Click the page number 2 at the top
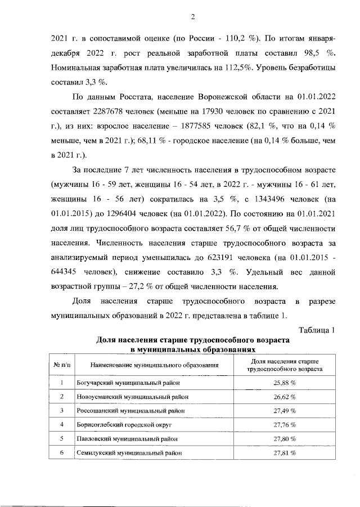point(192,16)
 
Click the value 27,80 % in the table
point(285,438)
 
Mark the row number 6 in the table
point(62,452)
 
